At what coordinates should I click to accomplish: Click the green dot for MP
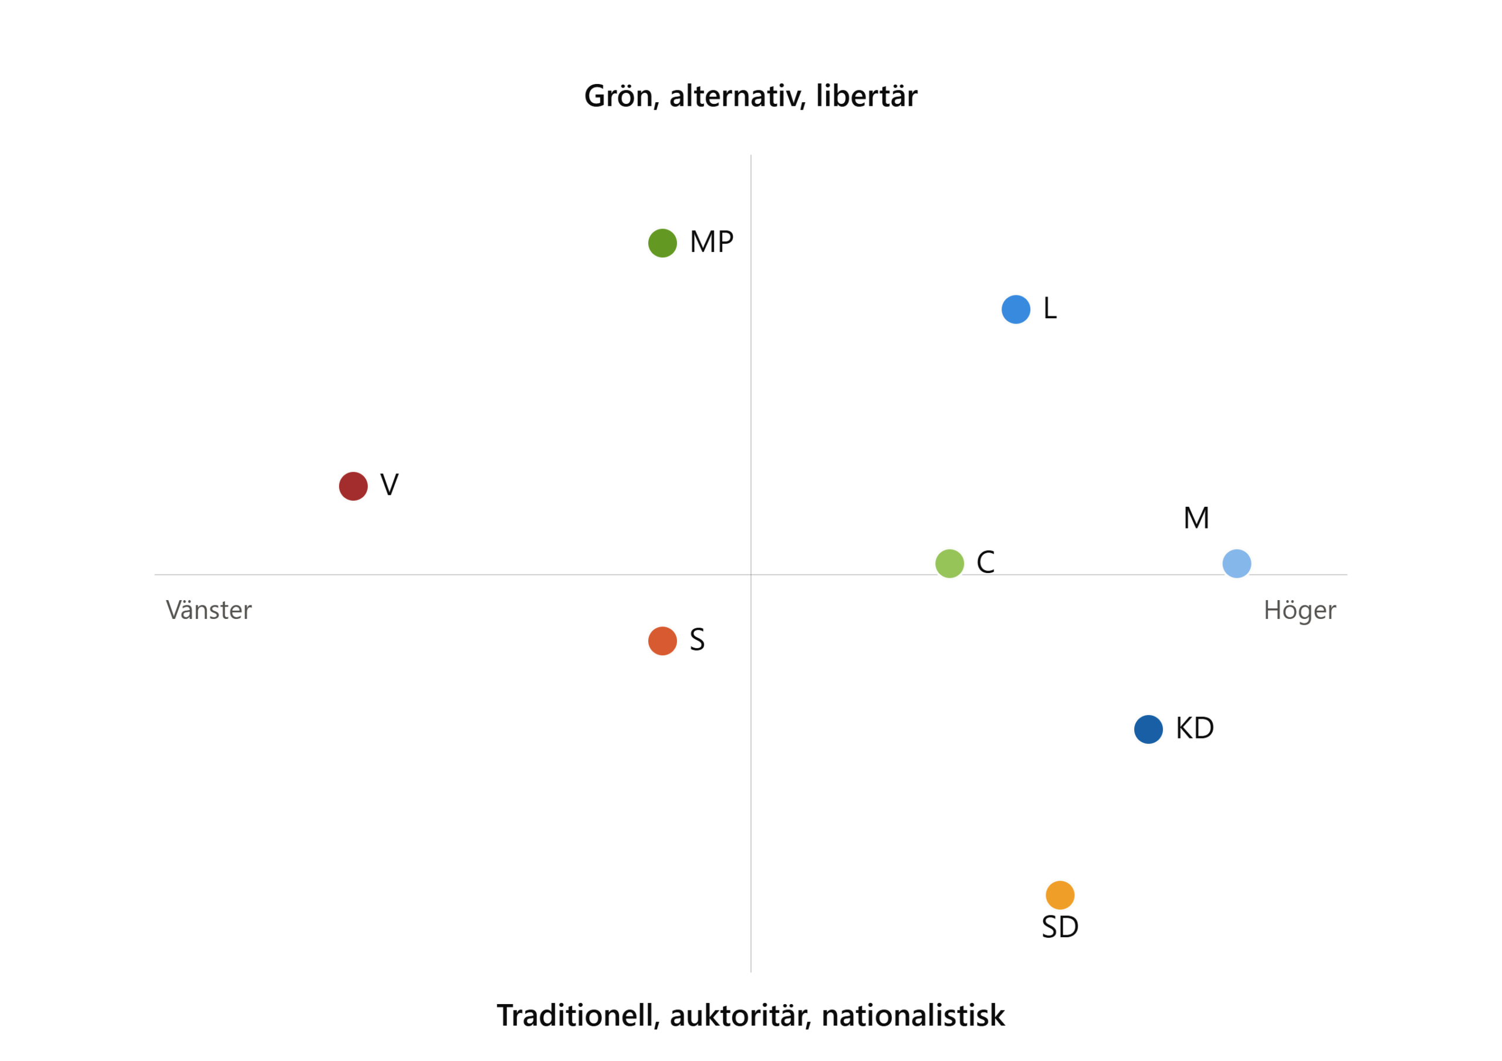662,243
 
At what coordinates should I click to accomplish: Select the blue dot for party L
1016,309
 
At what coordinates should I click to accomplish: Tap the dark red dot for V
353,486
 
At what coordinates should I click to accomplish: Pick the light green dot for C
950,563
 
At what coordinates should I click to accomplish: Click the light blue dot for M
1237,563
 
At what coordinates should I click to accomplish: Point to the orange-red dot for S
662,641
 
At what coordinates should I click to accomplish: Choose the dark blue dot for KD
1149,729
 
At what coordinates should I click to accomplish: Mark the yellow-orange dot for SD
1060,895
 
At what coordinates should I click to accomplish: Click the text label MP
712,242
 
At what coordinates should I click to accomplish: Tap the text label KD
1195,729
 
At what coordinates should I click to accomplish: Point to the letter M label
1196,518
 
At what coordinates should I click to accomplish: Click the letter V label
389,485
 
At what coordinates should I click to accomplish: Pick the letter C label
986,563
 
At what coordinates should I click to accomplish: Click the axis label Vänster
209,610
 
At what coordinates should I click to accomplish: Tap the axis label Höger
1300,610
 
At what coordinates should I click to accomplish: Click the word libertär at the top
867,96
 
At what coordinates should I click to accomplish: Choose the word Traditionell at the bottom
579,1016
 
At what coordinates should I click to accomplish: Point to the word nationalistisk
914,1016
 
